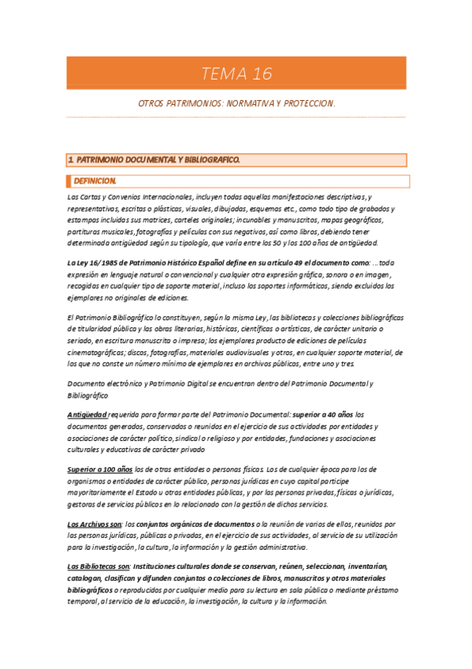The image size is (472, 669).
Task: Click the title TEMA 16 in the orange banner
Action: tap(236, 74)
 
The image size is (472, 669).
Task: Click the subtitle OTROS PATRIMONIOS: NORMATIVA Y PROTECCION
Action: tap(236, 103)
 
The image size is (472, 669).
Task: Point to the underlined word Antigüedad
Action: tap(87, 413)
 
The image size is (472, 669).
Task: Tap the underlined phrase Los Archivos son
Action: tap(95, 524)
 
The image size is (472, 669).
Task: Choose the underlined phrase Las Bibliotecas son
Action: tap(98, 566)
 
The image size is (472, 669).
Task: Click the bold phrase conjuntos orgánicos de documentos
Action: tap(197, 524)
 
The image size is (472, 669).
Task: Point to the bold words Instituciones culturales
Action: tap(176, 566)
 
